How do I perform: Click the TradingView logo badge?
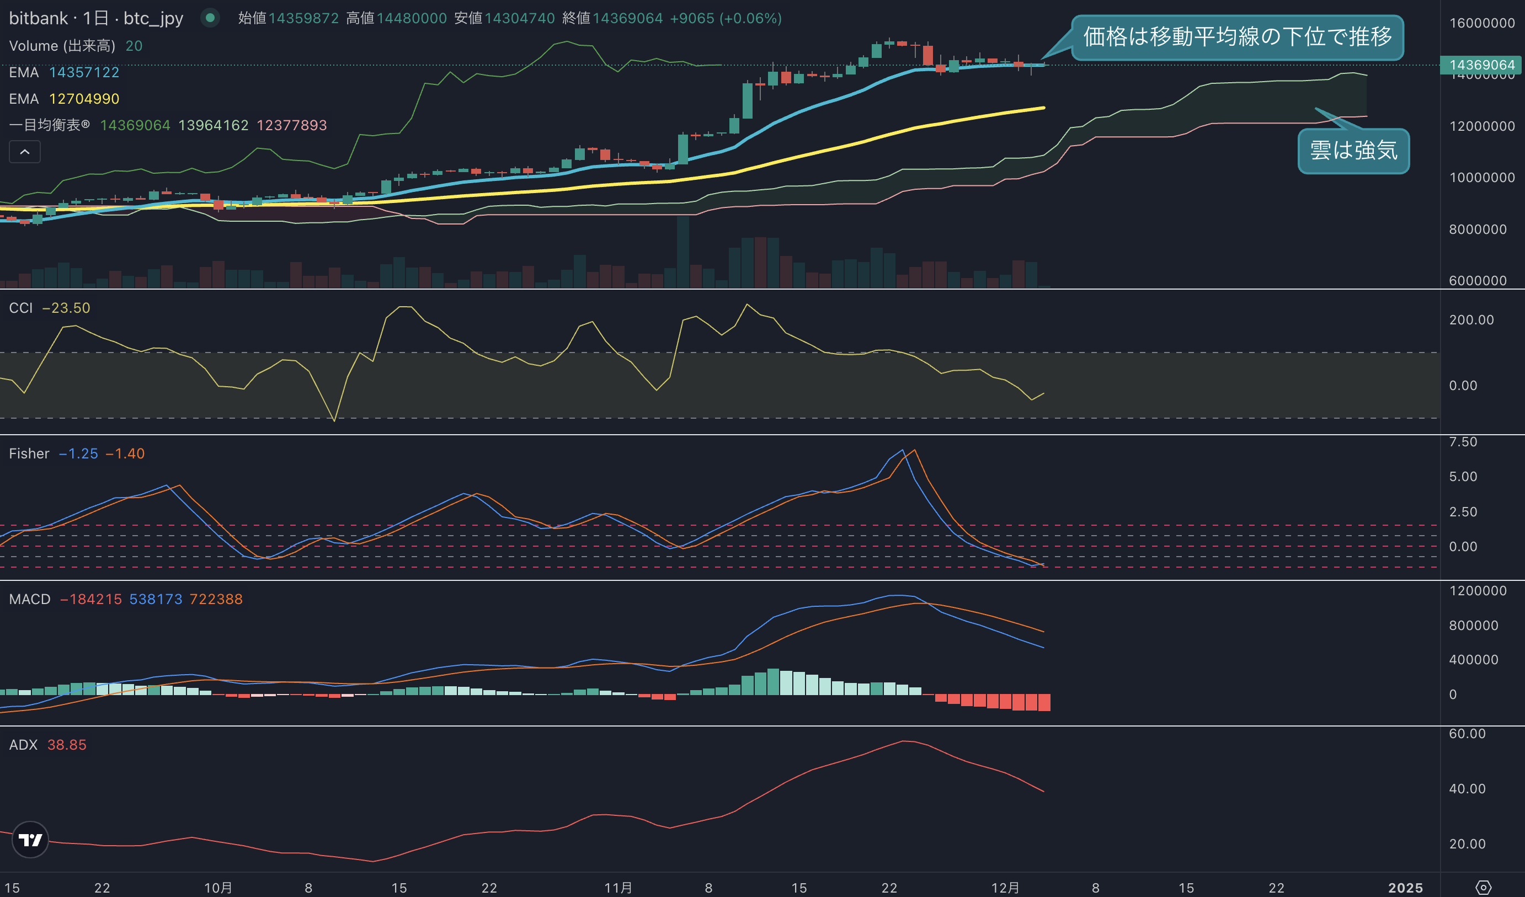pyautogui.click(x=30, y=840)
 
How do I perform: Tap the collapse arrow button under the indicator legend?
pyautogui.click(x=25, y=152)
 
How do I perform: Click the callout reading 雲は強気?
pyautogui.click(x=1354, y=151)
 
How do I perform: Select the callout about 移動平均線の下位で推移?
pyautogui.click(x=1238, y=37)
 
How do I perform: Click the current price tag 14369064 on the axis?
pyautogui.click(x=1481, y=65)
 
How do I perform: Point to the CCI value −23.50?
pyautogui.click(x=66, y=308)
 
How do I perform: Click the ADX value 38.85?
pyautogui.click(x=67, y=745)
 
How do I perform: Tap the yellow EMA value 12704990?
pyautogui.click(x=84, y=99)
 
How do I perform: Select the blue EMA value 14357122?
pyautogui.click(x=84, y=73)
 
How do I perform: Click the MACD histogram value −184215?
pyautogui.click(x=92, y=599)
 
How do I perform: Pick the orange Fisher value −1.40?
pyautogui.click(x=125, y=454)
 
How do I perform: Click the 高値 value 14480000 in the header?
pyautogui.click(x=412, y=19)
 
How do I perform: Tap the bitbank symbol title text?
pyautogui.click(x=96, y=18)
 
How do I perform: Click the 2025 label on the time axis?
pyautogui.click(x=1406, y=888)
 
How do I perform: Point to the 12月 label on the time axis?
pyautogui.click(x=1005, y=888)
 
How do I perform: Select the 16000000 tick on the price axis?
pyautogui.click(x=1482, y=23)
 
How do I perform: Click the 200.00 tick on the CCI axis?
pyautogui.click(x=1471, y=320)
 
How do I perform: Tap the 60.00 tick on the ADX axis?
pyautogui.click(x=1468, y=734)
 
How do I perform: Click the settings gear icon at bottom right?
pyautogui.click(x=1484, y=887)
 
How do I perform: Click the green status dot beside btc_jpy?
pyautogui.click(x=210, y=18)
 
